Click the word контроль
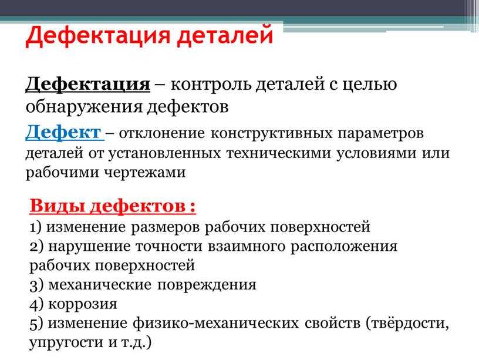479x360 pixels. click(211, 85)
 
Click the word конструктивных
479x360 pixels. click(272, 133)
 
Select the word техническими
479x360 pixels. click(278, 153)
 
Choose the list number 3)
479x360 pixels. click(36, 285)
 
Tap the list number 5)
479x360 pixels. click(36, 324)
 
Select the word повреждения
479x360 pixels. click(207, 285)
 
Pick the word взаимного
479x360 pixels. click(246, 247)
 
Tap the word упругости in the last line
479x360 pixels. click(66, 343)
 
